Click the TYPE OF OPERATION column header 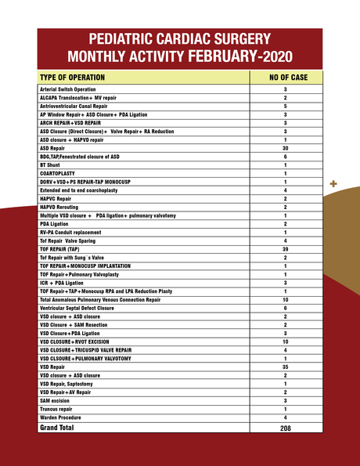(76, 78)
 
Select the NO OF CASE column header (286, 78)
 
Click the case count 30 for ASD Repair (286, 148)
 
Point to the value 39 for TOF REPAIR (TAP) (286, 249)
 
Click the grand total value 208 (286, 429)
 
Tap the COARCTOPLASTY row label (59, 173)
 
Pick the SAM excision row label (59, 400)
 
